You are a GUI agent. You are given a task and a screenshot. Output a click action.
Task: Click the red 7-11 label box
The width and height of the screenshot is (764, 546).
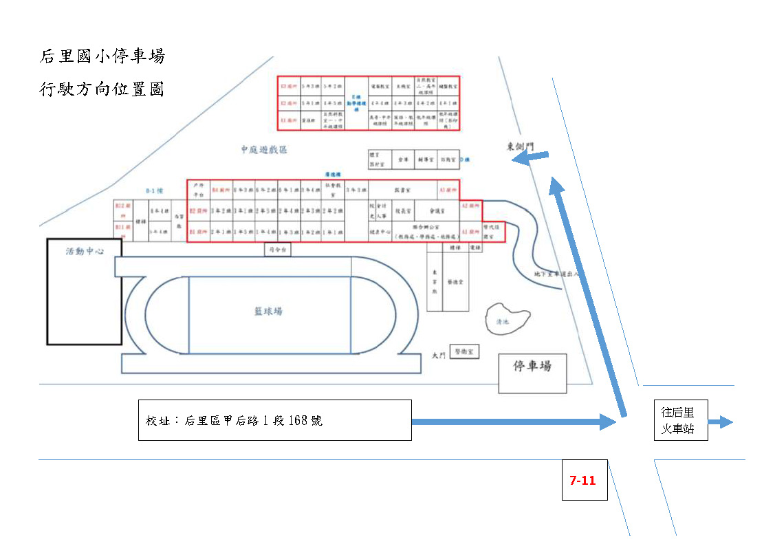584,480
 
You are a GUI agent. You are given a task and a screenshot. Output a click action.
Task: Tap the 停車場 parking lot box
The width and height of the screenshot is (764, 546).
532,374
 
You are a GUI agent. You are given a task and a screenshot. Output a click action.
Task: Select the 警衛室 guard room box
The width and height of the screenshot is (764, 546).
464,351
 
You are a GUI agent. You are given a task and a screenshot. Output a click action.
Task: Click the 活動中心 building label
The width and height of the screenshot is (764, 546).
84,252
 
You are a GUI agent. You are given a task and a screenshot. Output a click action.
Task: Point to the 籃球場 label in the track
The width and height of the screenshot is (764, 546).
268,312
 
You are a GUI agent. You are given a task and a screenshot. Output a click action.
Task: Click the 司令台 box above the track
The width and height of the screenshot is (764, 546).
278,250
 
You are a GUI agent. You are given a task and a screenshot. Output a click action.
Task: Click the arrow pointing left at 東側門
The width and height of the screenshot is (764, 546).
530,159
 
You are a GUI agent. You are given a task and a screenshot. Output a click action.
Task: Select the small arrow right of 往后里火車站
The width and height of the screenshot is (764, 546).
721,422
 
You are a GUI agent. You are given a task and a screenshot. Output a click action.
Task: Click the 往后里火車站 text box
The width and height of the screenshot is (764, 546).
680,421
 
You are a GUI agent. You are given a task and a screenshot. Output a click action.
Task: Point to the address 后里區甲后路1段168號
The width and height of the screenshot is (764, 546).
234,420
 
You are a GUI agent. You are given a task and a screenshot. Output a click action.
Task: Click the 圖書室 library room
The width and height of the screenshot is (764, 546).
403,188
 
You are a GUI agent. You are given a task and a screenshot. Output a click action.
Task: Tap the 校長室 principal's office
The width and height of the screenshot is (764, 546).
402,212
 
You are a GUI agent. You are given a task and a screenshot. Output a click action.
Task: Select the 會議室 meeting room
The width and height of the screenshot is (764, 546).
437,212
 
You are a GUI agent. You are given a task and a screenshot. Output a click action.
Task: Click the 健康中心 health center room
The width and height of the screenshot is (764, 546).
380,232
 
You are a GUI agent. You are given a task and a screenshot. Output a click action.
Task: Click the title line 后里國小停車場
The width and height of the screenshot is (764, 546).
102,56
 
